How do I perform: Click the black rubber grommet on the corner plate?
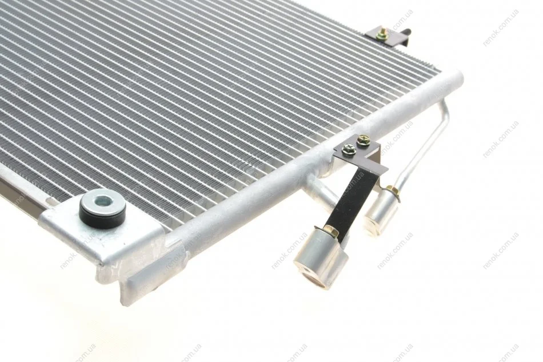click(x=102, y=209)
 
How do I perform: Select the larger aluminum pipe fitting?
click(x=320, y=257)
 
